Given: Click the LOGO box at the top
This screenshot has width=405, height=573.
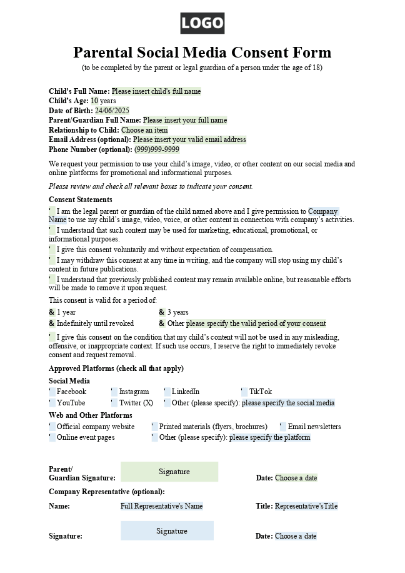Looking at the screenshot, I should coord(202,24).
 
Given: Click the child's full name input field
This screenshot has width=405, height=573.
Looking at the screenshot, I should coord(156,91).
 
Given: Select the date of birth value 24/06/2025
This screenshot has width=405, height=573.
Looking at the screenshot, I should coord(112,111).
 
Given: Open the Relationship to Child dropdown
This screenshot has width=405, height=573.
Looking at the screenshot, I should coord(144,130).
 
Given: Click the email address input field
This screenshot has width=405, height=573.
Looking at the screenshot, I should coord(189,139).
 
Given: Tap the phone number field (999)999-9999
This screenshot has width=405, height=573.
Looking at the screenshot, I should coord(157,150).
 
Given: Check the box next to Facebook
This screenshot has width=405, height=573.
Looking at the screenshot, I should coord(52,392).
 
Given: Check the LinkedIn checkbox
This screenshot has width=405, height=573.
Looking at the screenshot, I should coord(167,392).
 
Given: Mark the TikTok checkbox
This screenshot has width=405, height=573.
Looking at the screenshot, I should coord(244,392).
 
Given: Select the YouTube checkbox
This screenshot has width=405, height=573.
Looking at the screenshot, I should coord(52,403).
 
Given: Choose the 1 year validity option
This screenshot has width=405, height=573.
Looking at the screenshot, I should coord(52,312).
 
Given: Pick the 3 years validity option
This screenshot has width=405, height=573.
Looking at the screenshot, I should coord(162,312).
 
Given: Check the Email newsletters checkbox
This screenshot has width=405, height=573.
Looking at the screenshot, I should coord(283,427).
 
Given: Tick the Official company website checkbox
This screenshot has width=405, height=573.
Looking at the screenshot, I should coord(52,427).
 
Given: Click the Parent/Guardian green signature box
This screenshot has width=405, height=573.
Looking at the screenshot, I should coord(169,472).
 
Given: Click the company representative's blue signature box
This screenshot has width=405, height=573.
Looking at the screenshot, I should coord(167,531).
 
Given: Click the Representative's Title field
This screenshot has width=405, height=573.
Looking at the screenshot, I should coord(306,506).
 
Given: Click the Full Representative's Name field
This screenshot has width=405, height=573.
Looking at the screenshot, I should coord(162,506).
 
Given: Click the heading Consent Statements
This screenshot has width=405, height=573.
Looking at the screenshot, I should coord(81,200).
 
